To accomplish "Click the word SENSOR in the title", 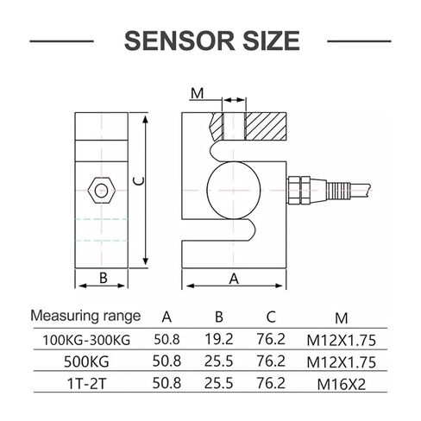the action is pos(179,41).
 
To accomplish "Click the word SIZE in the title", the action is pos(271,41).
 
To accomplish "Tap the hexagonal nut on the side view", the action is pos(102,191).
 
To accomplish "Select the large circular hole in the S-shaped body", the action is pos(234,190).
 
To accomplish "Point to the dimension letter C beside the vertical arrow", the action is pos(139,181).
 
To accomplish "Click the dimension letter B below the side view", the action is pos(104,278).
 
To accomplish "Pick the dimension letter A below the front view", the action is pos(234,279).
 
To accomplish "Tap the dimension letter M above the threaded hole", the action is pos(198,93).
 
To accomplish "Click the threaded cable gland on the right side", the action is pos(319,191).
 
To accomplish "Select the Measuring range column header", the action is pos(85,316).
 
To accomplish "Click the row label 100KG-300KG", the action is pos(86,340).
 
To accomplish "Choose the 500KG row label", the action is pos(86,361).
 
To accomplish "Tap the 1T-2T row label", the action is pos(86,384).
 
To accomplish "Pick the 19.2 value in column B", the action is pos(219,339).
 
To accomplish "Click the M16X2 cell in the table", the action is pos(342,384).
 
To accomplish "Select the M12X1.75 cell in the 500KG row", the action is pos(342,362).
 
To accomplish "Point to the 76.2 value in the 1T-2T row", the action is pos(271,383).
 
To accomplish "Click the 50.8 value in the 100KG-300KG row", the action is pos(167,339).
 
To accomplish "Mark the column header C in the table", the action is pos(271,317).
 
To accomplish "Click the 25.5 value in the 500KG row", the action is pos(218,361).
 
